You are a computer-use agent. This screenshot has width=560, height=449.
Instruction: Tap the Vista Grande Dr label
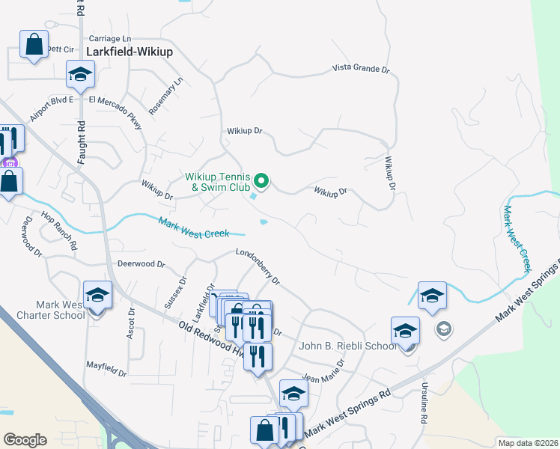coord(362,70)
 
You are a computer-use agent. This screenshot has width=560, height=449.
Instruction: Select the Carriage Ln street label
coord(109,38)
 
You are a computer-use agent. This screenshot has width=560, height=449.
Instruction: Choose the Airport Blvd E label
coord(52,109)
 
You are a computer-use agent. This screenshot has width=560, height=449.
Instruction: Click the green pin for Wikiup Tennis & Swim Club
coord(261,180)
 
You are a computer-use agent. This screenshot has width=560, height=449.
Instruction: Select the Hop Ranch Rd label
coord(60,230)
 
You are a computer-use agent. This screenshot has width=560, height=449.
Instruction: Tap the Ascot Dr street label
coord(131,323)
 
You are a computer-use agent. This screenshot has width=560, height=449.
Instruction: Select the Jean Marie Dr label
coord(323,371)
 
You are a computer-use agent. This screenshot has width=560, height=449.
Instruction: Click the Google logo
coord(25,439)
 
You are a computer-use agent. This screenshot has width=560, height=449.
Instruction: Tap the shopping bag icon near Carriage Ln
coord(34,44)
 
